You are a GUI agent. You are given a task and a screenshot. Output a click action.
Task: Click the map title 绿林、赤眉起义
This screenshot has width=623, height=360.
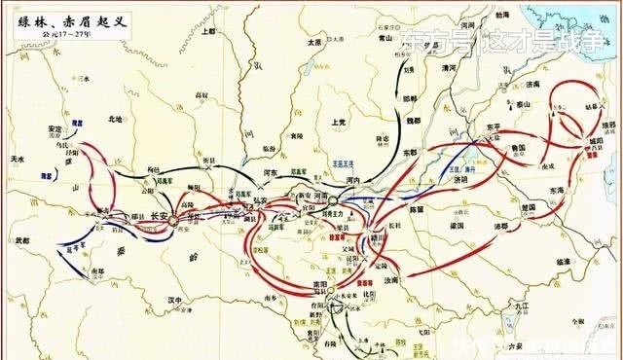pos(60,16)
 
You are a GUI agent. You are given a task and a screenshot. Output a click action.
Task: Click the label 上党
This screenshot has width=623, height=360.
pos(338,123)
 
